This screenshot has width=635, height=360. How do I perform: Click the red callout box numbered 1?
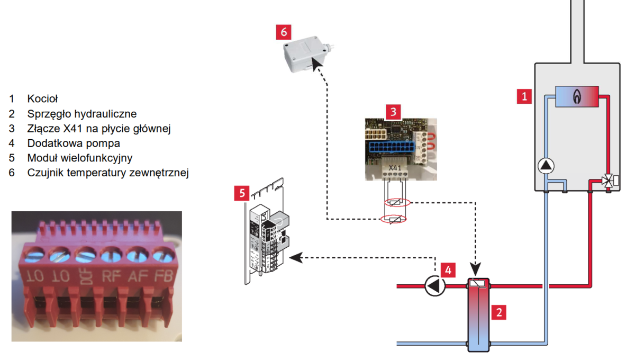tap(524, 97)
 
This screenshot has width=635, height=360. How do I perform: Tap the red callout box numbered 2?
tap(498, 312)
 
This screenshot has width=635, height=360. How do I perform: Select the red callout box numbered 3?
tap(393, 112)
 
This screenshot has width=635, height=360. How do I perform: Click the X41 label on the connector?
tap(395, 168)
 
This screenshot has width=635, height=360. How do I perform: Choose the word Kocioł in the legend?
tap(42, 98)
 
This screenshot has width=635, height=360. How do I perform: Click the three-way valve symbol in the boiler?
tap(609, 182)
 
